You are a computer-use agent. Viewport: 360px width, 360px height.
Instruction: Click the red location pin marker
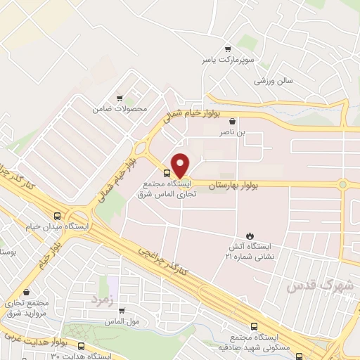click(180, 165)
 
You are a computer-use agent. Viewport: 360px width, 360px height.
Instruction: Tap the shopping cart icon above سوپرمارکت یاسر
click(227, 49)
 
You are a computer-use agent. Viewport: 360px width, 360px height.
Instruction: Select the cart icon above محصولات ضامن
click(120, 98)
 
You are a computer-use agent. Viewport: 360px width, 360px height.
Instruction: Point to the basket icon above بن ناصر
click(232, 121)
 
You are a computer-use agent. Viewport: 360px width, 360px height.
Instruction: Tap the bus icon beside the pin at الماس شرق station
click(167, 173)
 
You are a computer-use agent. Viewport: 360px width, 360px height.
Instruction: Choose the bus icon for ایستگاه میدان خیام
click(57, 216)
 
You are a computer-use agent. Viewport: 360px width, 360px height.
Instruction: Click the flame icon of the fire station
click(250, 236)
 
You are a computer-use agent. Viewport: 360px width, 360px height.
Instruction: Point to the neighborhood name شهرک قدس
click(309, 287)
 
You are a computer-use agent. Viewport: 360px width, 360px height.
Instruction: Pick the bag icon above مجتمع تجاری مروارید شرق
click(26, 291)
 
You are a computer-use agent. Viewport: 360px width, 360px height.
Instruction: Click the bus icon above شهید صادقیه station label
click(254, 327)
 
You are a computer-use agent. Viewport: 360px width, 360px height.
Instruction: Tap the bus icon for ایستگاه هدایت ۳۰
click(81, 346)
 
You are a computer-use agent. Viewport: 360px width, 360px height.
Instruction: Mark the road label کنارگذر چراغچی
click(162, 259)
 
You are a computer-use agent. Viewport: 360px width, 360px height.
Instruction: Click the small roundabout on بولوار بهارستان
click(343, 184)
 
